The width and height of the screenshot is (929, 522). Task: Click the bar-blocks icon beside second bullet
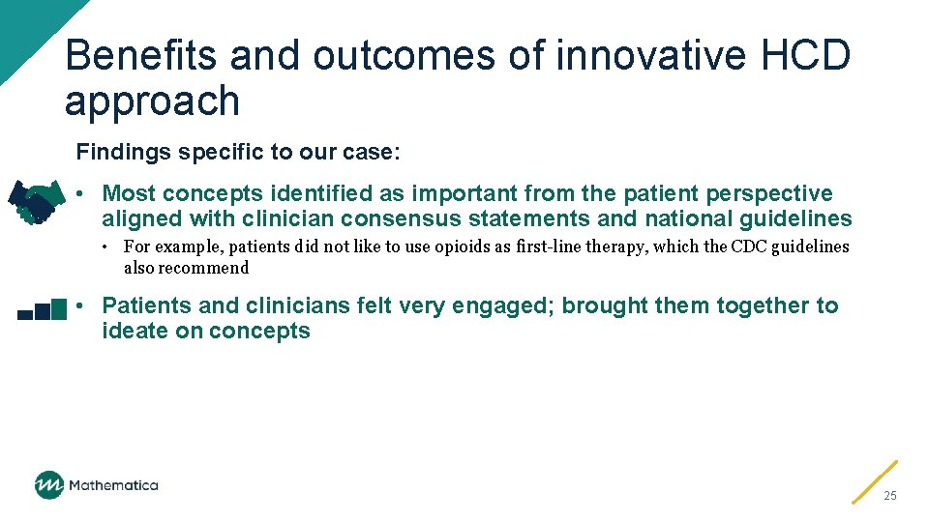pos(42,310)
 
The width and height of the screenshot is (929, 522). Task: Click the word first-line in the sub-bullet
pos(555,246)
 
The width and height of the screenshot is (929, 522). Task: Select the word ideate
pos(135,331)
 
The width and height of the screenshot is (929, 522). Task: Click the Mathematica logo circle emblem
pos(48,485)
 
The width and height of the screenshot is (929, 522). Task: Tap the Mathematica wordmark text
pos(113,485)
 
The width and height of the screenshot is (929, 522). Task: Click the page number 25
pos(890,495)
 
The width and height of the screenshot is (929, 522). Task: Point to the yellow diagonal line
pos(875,481)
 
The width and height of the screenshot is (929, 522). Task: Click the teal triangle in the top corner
pos(24,24)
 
